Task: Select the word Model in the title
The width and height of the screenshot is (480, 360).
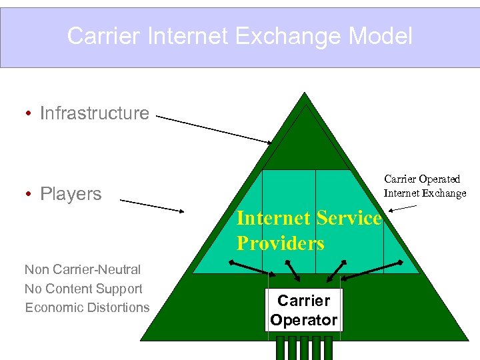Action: pos(381,36)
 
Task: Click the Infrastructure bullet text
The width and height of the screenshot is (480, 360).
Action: pos(95,113)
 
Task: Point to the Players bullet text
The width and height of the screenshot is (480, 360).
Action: pos(71,194)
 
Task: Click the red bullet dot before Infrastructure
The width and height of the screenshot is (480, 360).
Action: pos(29,114)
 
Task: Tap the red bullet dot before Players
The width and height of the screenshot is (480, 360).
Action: pos(29,195)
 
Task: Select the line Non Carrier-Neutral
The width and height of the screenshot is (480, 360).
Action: pos(83,270)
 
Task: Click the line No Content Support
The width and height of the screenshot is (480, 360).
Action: pos(83,289)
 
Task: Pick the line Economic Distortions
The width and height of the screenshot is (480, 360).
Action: pos(87,307)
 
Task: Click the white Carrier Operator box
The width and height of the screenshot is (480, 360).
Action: pos(303,310)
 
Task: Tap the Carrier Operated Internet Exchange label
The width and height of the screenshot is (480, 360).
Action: pos(425,187)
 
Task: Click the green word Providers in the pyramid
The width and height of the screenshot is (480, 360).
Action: pos(280,243)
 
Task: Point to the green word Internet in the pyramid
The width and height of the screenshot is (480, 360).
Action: pos(273,219)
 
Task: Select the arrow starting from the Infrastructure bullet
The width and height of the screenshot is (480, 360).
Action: pos(213,130)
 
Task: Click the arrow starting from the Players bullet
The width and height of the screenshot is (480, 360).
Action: pos(151,205)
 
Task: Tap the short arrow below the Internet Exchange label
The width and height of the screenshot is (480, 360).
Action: pos(403,209)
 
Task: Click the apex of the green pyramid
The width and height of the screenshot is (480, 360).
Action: pos(305,95)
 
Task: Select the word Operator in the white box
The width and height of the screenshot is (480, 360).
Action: pos(303,320)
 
